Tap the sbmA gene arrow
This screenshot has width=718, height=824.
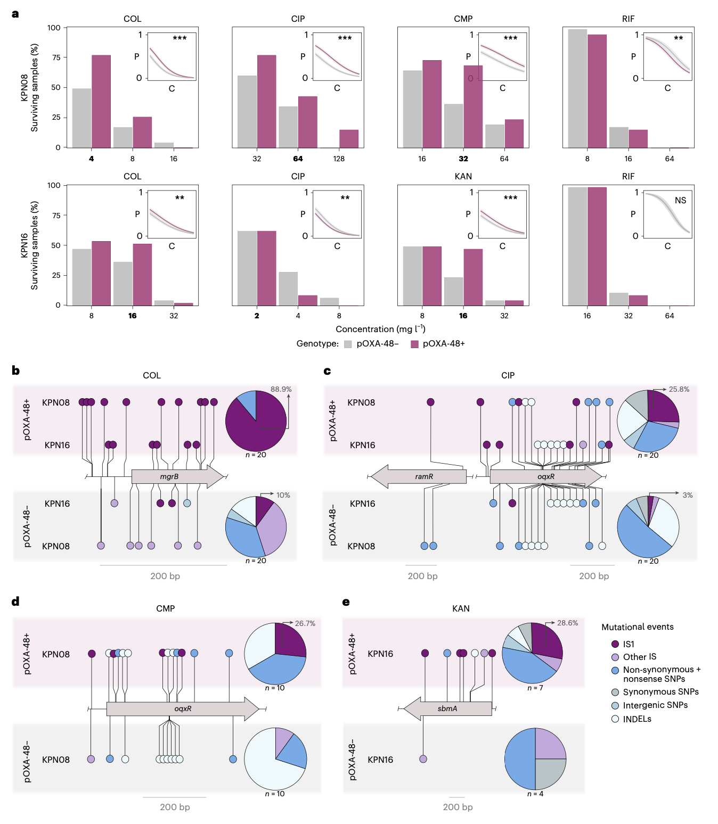point(447,708)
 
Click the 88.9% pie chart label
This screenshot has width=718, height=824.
point(281,389)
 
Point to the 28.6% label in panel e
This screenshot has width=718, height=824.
point(567,623)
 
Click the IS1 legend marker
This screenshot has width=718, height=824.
point(615,644)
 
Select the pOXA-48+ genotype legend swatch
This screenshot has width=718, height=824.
point(414,344)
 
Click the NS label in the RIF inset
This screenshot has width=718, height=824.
point(680,201)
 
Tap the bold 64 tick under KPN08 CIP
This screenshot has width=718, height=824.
point(298,159)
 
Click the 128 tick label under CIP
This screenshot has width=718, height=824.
point(339,159)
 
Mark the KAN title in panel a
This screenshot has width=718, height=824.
point(463,176)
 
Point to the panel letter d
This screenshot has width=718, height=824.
point(15,601)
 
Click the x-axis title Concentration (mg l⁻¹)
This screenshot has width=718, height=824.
point(380,329)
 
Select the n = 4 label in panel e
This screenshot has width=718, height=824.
point(535,794)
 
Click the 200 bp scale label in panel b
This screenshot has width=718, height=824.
point(165,576)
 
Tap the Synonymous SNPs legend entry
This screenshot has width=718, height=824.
point(660,692)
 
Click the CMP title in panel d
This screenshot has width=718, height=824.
point(165,608)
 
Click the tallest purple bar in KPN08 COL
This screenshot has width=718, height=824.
point(101,101)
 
